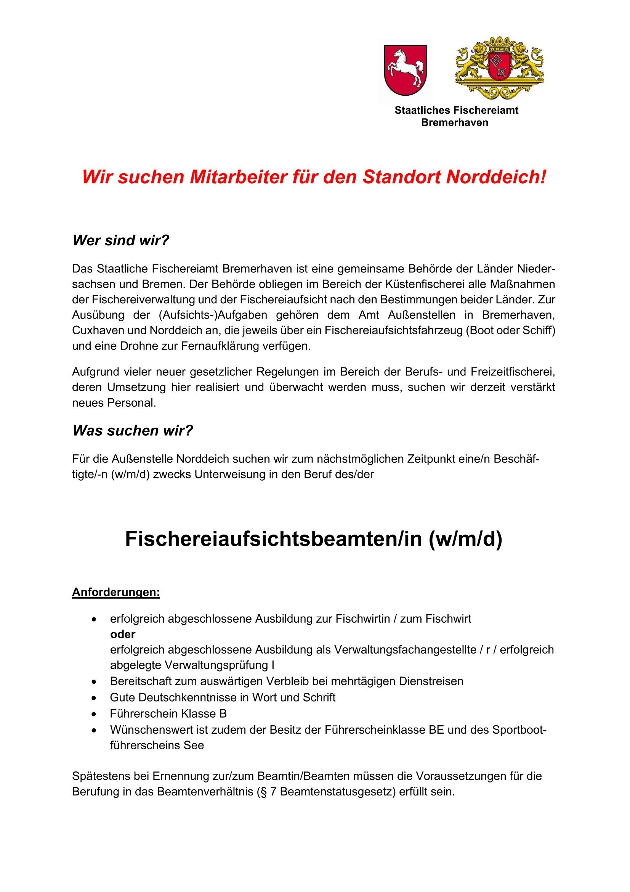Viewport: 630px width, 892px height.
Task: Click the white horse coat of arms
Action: point(405,70)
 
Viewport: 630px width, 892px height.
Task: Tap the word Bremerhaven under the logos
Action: point(455,123)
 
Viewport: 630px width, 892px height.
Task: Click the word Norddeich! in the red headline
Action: point(496,177)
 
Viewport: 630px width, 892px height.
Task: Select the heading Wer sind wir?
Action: point(121,240)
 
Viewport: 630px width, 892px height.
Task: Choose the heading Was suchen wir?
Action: point(132,430)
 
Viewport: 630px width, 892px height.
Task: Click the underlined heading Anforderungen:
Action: point(116,593)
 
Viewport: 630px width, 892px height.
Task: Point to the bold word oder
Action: point(123,634)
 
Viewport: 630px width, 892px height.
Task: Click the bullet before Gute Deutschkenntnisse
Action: point(93,698)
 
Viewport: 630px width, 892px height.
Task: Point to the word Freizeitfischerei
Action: point(513,372)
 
